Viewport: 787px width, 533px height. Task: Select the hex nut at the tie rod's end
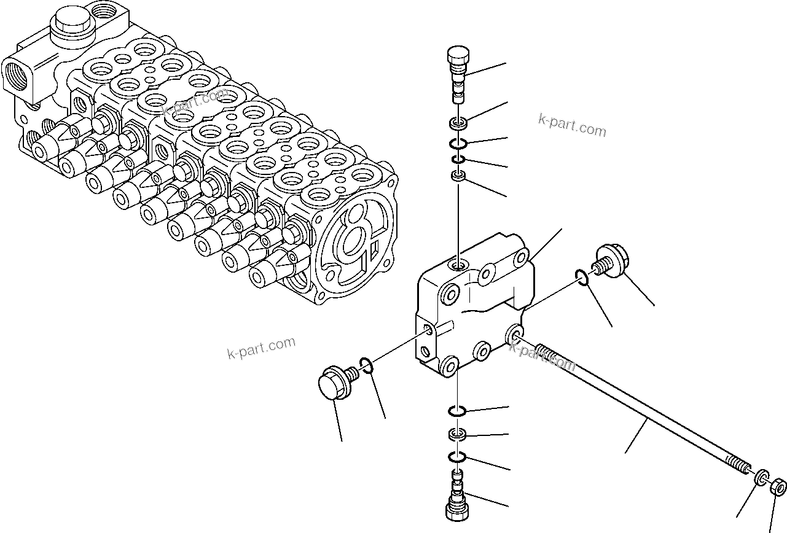pos(778,488)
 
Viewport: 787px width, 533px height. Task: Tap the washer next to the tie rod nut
pos(761,477)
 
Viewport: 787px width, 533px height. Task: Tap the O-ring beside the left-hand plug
pos(366,365)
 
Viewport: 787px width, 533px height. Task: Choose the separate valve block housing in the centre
pos(473,307)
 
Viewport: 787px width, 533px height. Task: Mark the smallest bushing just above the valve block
pos(458,177)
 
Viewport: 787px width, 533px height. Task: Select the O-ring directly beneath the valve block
pos(458,410)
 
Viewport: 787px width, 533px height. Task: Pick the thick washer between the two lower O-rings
pos(458,435)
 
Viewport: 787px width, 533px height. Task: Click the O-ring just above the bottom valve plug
pos(458,457)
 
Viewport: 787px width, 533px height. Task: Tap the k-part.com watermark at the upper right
pos(572,126)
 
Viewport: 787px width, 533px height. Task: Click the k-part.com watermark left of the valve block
pos(261,348)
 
